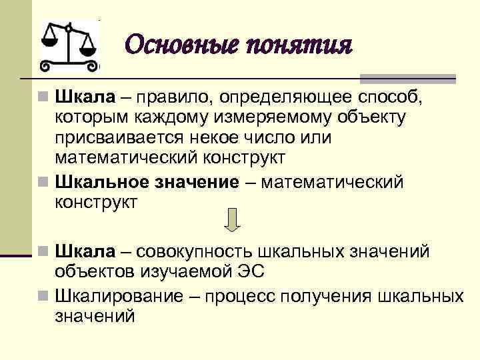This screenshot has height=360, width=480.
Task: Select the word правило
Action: click(175, 97)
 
